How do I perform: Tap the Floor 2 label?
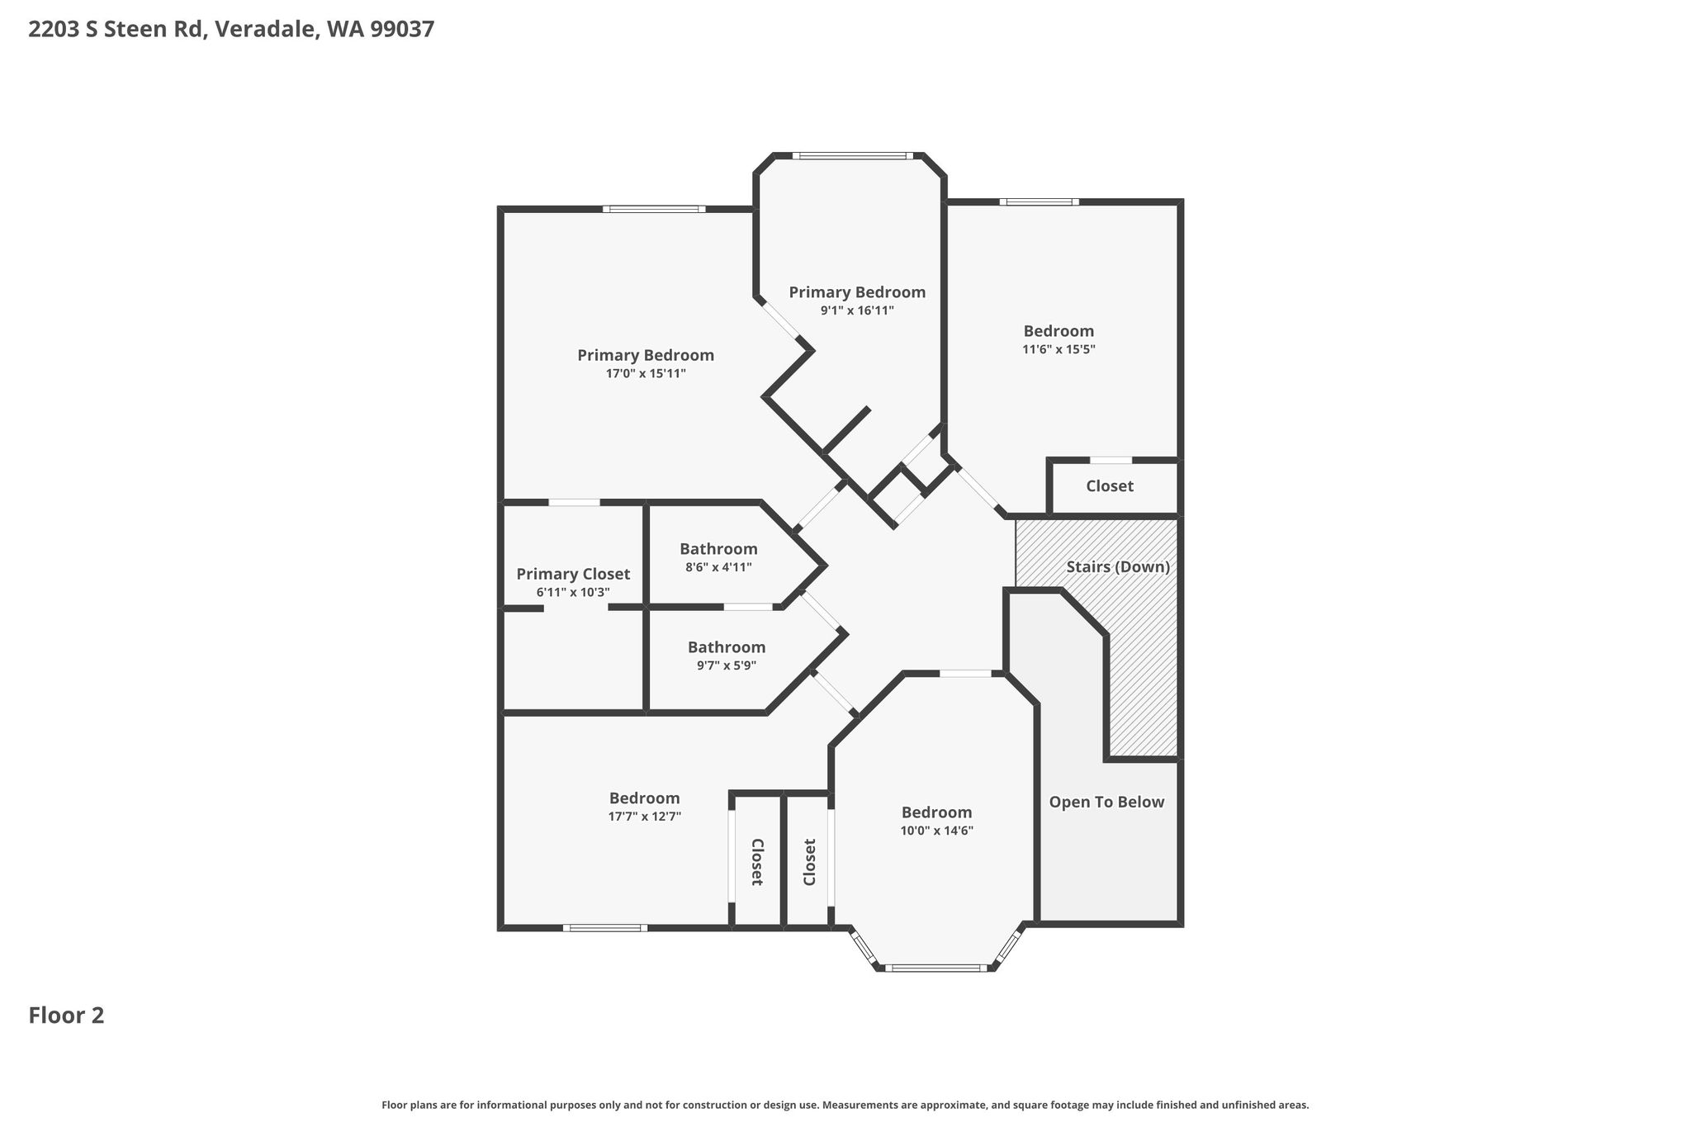(x=67, y=1016)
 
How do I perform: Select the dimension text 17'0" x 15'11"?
(x=646, y=374)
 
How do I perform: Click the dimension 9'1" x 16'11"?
(x=857, y=311)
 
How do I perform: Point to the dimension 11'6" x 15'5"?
(x=1059, y=349)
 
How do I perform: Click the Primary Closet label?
(x=573, y=574)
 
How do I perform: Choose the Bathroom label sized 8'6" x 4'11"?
(x=718, y=549)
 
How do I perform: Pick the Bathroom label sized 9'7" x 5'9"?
(x=727, y=647)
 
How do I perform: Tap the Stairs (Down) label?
(x=1118, y=567)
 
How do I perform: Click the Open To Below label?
(x=1106, y=803)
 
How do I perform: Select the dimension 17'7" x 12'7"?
(x=645, y=817)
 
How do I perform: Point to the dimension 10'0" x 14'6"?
(x=937, y=831)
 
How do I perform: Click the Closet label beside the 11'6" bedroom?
(x=1110, y=486)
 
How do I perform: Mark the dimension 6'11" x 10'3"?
(x=573, y=593)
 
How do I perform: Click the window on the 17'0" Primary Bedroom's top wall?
(x=654, y=209)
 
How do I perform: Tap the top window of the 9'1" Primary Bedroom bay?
(x=853, y=155)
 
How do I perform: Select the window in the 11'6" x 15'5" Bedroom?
(x=1039, y=201)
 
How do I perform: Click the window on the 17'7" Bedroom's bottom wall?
(x=605, y=928)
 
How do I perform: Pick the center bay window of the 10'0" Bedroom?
(x=937, y=968)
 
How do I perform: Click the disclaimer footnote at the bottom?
(x=845, y=1105)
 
